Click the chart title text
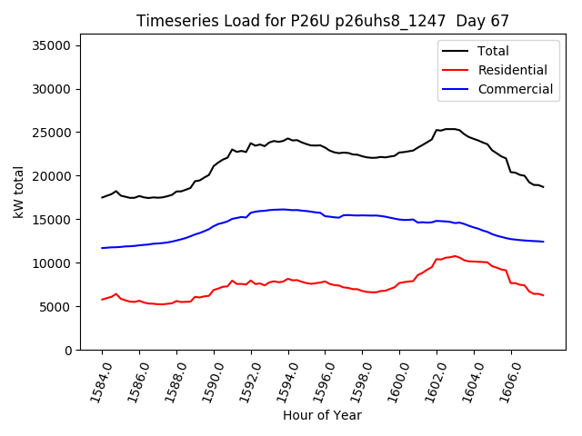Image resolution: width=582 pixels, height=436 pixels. (x=323, y=20)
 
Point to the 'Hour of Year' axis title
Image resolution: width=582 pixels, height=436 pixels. (x=322, y=415)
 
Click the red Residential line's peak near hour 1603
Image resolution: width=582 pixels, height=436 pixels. (x=455, y=256)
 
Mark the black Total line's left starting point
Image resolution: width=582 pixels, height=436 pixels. (x=102, y=197)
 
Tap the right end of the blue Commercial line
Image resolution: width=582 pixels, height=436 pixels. (x=543, y=242)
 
